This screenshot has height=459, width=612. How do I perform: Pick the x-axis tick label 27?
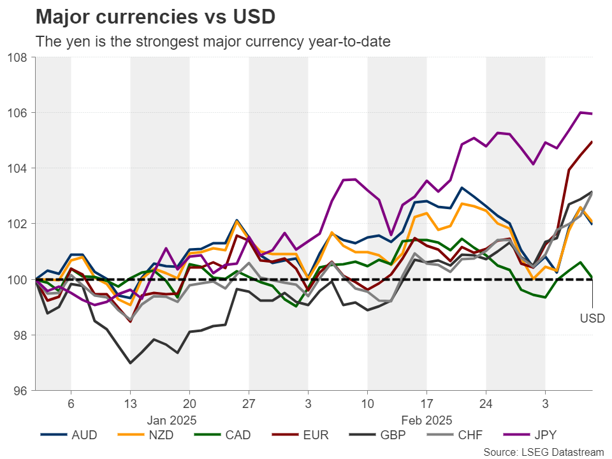[x=249, y=404]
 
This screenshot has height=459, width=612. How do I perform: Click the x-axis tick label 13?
[x=130, y=404]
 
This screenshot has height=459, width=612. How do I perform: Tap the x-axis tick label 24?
[x=486, y=404]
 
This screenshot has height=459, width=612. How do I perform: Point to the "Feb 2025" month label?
[x=426, y=420]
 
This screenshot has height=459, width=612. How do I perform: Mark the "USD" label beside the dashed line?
[x=592, y=317]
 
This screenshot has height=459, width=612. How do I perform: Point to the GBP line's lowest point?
[x=130, y=363]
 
